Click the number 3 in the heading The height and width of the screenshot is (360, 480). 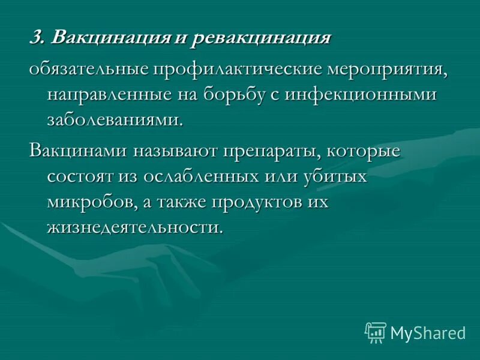pyautogui.click(x=35, y=38)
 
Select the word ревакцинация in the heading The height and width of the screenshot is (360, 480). pyautogui.click(x=262, y=38)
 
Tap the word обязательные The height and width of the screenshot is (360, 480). pyautogui.click(x=89, y=68)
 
